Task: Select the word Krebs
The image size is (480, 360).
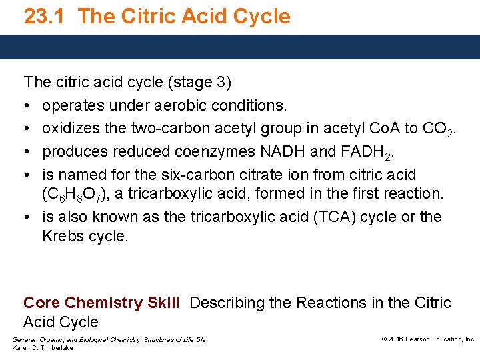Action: pos(62,236)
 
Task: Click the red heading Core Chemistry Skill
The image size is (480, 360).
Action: pos(101,303)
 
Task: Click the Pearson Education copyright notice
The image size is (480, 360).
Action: pos(428,339)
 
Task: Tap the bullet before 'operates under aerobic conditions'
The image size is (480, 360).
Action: pos(27,105)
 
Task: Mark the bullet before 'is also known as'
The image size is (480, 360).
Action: pos(27,217)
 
